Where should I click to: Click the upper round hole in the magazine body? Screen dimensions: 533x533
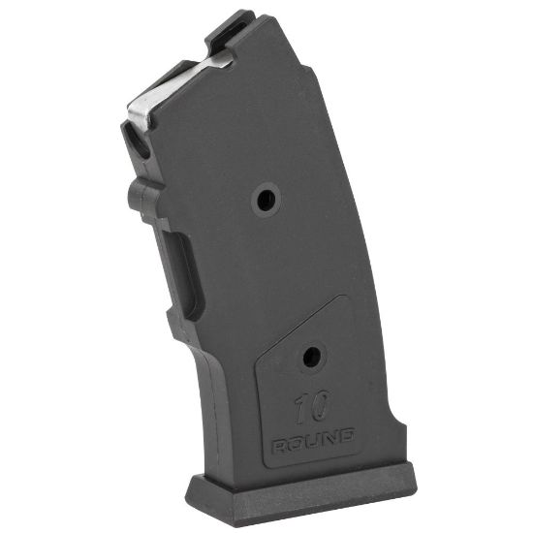[x=264, y=201]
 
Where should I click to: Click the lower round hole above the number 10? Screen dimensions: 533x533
[x=310, y=358]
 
